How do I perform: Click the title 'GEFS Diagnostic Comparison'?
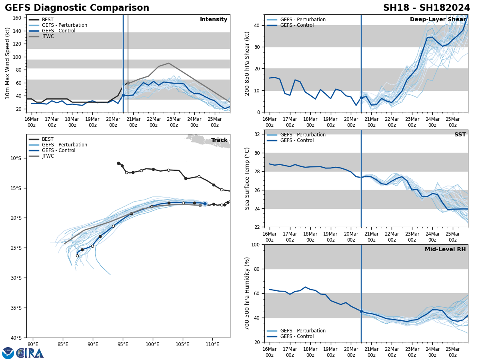[77, 8]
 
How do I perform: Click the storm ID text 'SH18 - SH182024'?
[426, 8]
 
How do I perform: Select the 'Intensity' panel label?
[213, 20]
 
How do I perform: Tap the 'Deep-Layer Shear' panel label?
[438, 20]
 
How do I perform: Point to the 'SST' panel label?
[460, 135]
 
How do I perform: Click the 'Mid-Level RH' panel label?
[445, 250]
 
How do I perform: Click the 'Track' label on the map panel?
[219, 140]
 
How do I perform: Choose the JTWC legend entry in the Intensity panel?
[48, 36]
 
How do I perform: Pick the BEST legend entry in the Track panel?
[48, 139]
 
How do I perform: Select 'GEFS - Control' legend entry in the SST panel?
[297, 140]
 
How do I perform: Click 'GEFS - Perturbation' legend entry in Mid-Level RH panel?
[303, 331]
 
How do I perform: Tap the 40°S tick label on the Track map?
[16, 338]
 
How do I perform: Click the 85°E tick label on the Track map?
[63, 344]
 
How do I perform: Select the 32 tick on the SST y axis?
[258, 134]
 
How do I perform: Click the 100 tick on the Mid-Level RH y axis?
[255, 244]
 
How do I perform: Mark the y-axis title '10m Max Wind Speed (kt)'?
[8, 63]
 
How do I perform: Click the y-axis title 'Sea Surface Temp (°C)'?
[247, 178]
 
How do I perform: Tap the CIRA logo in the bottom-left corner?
[23, 353]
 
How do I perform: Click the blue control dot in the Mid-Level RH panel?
[361, 311]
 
